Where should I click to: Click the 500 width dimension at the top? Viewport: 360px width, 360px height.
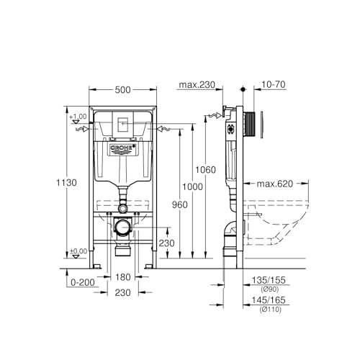coord(122,90)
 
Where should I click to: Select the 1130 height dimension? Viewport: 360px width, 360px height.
coord(66,183)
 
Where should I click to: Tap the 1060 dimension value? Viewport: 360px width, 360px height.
coord(205,170)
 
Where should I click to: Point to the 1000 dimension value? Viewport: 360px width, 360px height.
coord(192,186)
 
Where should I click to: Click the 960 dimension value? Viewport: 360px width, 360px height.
coord(180,204)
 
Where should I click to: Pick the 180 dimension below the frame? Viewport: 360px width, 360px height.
coord(123,277)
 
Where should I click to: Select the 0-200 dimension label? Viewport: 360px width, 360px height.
coord(83,282)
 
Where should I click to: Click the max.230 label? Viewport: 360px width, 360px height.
coord(197,85)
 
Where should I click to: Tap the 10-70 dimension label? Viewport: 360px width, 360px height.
coord(274,84)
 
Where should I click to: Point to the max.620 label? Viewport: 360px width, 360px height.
coord(275,184)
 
